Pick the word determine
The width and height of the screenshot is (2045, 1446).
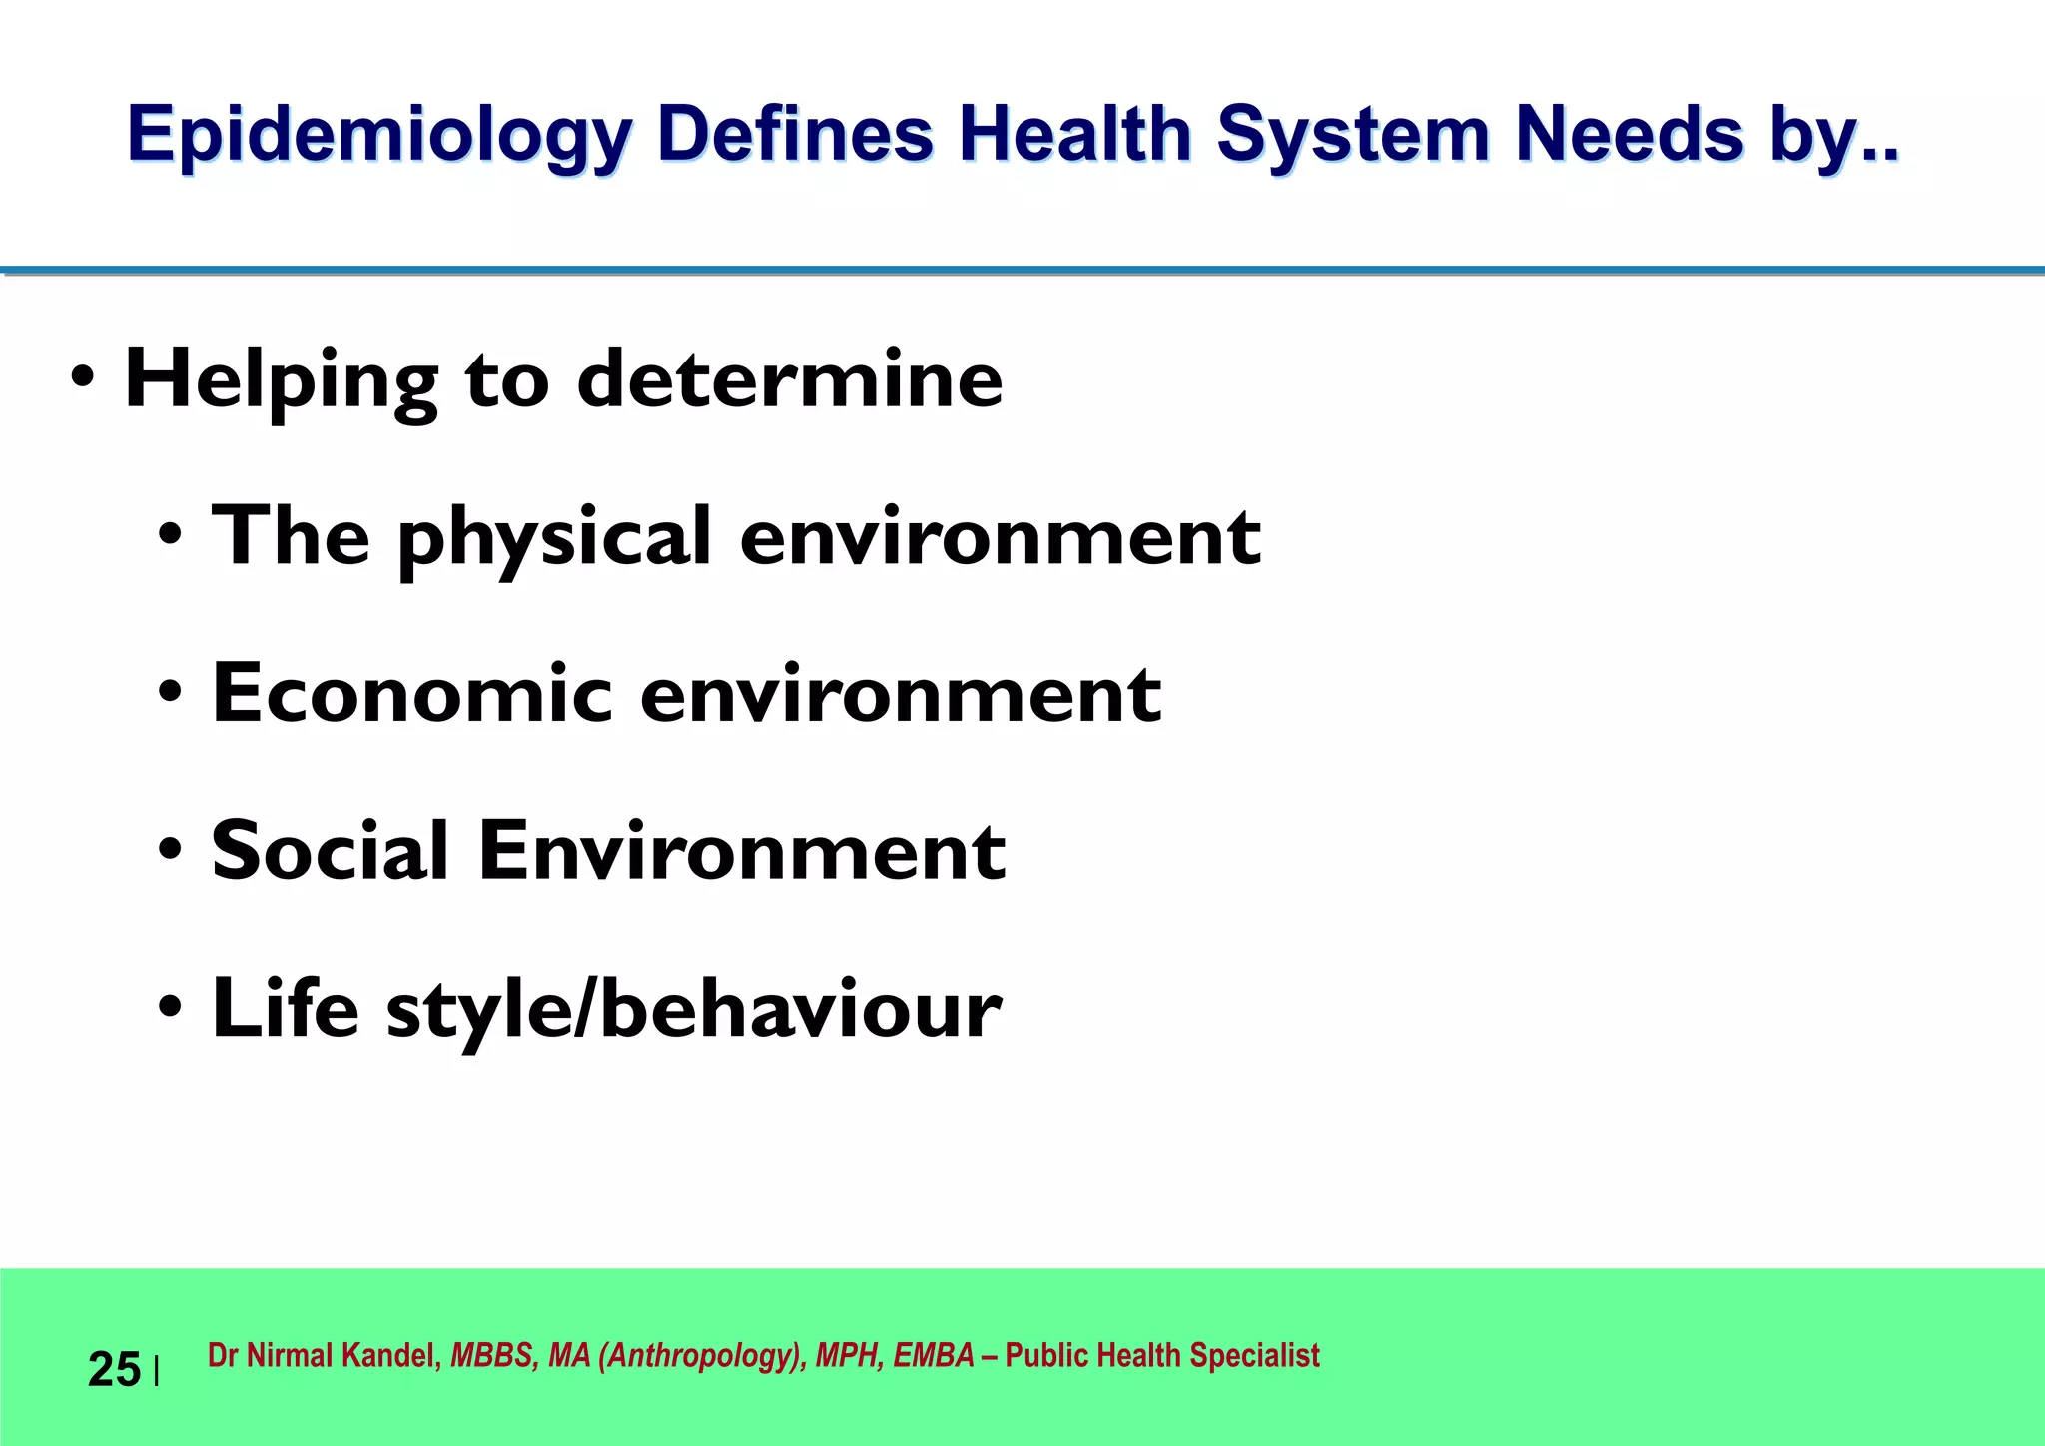tap(789, 379)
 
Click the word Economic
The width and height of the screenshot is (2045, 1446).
tap(411, 693)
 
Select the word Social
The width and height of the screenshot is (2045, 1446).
tap(330, 850)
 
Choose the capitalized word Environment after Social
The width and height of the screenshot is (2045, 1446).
tap(741, 850)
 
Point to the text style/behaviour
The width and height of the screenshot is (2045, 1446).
tap(694, 1009)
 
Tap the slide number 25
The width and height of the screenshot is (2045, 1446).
tap(114, 1369)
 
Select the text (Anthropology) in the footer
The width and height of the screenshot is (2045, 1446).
tap(702, 1355)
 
